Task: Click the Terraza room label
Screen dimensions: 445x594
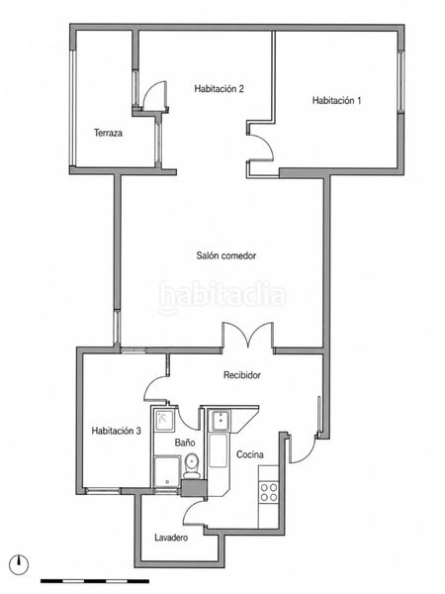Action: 108,133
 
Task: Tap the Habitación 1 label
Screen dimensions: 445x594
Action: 336,100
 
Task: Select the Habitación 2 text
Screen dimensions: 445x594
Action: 219,89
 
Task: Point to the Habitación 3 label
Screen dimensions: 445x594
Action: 116,431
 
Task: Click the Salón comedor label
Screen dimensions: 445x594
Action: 225,255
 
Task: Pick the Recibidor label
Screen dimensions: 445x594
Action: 242,375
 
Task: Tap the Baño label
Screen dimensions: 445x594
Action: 185,443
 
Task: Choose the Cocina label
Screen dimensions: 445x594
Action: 250,454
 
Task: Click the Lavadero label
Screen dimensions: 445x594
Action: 171,538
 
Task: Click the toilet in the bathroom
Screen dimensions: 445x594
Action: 192,465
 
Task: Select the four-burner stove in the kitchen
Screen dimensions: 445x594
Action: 269,492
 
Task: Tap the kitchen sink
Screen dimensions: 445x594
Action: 221,420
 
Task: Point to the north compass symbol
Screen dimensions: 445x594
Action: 20,565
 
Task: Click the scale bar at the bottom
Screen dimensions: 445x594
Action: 95,581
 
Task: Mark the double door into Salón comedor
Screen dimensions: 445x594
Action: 248,335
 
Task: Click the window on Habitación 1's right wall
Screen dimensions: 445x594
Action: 400,81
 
